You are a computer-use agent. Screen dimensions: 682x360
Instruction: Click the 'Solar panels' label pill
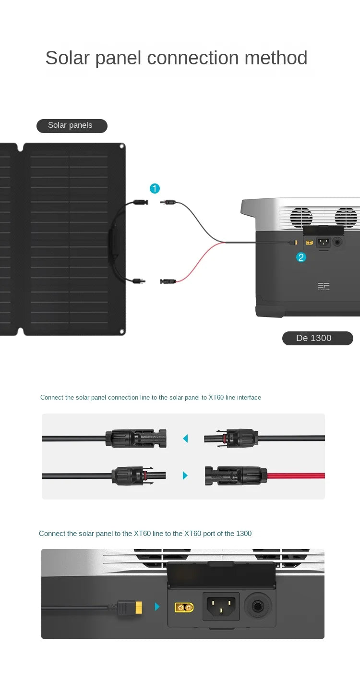[72, 126]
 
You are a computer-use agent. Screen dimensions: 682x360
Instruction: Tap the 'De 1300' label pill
[317, 338]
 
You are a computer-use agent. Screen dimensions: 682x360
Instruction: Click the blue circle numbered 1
[155, 189]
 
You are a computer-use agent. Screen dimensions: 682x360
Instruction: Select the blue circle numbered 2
[301, 257]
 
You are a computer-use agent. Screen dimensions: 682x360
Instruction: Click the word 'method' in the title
[276, 58]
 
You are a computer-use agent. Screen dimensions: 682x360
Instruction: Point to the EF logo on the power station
[324, 286]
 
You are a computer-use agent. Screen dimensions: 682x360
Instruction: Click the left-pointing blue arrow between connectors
[185, 438]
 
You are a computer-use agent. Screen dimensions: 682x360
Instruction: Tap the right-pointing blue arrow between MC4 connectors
[185, 475]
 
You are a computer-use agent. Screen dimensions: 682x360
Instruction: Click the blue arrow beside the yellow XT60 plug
[157, 607]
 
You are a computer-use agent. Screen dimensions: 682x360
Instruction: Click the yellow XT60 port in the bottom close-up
[184, 608]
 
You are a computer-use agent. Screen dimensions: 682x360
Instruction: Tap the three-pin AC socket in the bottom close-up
[221, 606]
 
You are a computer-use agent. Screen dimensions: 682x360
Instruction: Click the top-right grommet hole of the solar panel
[122, 146]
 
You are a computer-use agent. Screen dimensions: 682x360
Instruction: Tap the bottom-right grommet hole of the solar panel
[122, 331]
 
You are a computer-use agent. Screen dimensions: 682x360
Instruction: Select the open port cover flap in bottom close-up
[221, 574]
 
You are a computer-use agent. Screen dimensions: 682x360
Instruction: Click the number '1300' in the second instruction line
[244, 534]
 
